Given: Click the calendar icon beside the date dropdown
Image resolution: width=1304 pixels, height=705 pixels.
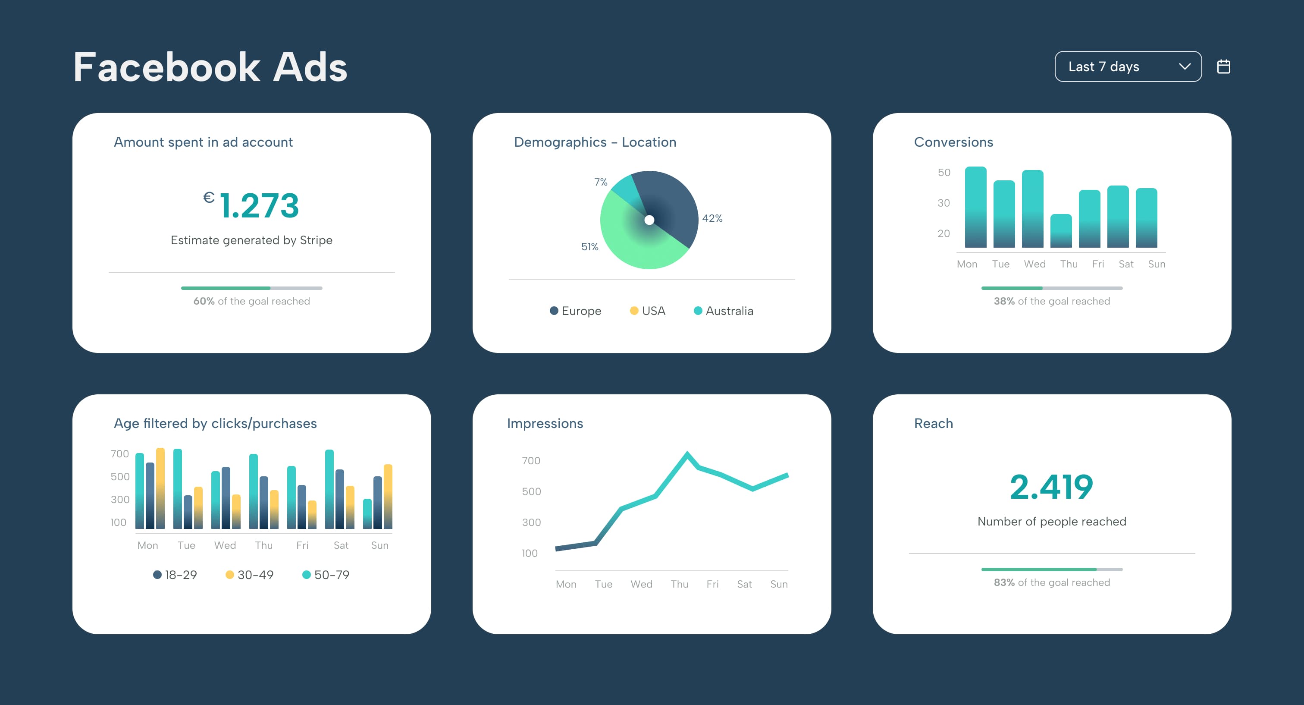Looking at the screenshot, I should click(x=1223, y=66).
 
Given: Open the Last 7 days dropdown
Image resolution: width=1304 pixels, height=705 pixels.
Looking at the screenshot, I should click(x=1127, y=66).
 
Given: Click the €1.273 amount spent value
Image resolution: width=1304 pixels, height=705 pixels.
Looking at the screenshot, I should click(x=251, y=205).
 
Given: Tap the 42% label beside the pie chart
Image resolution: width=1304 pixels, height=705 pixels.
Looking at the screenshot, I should click(x=712, y=218).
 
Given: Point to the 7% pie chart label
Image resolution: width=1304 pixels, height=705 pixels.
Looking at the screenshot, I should click(x=600, y=182).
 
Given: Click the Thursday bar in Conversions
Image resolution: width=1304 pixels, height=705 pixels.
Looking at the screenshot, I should click(x=1061, y=231).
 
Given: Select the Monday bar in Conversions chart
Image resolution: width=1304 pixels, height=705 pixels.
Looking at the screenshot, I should click(x=975, y=208).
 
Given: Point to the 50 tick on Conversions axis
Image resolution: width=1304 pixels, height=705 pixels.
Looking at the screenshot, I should click(x=944, y=172).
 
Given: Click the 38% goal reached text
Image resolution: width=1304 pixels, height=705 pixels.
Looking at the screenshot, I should click(x=1051, y=301).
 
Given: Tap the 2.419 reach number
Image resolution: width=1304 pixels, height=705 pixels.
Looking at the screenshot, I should click(x=1051, y=487).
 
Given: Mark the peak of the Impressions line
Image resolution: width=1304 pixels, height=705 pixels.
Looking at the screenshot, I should click(x=687, y=453).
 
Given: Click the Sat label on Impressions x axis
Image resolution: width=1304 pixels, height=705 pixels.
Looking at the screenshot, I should click(x=744, y=584).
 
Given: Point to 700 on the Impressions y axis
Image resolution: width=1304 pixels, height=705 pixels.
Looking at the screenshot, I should click(x=531, y=460).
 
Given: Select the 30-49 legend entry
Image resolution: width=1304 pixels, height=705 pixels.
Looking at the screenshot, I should click(x=250, y=574).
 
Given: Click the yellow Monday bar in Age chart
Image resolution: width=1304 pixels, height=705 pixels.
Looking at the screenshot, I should click(x=160, y=489).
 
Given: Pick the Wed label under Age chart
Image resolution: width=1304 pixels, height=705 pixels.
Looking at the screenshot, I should click(x=225, y=545).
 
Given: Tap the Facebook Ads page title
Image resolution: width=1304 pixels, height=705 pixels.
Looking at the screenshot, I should click(x=210, y=67).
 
